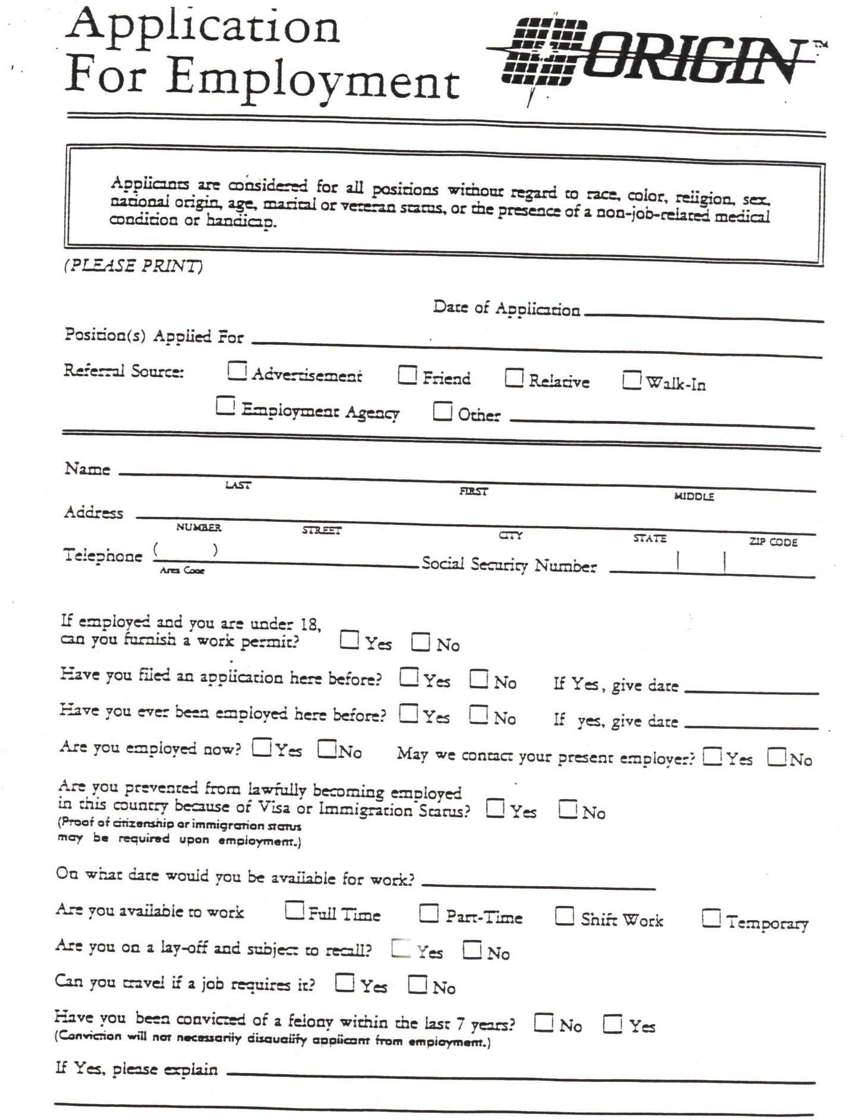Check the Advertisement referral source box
click(x=237, y=371)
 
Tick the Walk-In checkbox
click(x=631, y=379)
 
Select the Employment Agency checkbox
click(x=225, y=406)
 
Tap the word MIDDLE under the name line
click(x=694, y=496)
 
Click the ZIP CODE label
click(x=773, y=542)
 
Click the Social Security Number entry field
click(x=711, y=564)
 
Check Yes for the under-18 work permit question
click(x=349, y=640)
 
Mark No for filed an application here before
click(x=478, y=678)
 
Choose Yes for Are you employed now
click(x=261, y=747)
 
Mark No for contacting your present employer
click(x=776, y=757)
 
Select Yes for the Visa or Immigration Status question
click(x=496, y=808)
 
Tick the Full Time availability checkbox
click(x=294, y=910)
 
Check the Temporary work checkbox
click(x=711, y=918)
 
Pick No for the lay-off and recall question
click(x=472, y=949)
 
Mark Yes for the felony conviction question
click(x=613, y=1024)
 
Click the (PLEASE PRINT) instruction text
click(x=133, y=266)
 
